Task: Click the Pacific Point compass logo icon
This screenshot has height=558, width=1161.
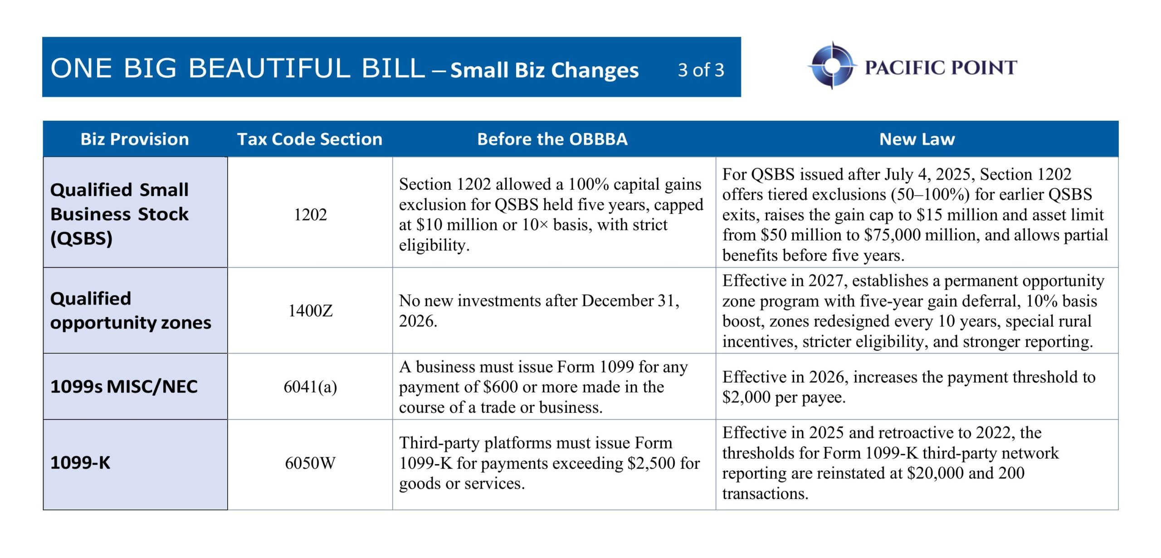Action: [832, 66]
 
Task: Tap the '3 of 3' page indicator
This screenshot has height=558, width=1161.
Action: [701, 70]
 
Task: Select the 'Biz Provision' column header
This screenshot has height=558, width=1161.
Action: [135, 139]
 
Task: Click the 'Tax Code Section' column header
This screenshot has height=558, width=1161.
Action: [310, 139]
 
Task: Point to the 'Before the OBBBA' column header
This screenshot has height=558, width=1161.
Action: [552, 139]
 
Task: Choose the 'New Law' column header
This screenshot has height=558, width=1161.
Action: [917, 139]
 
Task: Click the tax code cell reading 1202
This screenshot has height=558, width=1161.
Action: [310, 215]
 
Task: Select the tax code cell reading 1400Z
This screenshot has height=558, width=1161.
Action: [310, 311]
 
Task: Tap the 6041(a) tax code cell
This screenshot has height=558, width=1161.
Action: [310, 387]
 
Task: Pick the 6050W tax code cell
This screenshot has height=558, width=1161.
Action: [310, 463]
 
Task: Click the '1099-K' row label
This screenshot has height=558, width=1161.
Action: [80, 463]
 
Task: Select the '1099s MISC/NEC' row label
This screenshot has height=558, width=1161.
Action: [124, 387]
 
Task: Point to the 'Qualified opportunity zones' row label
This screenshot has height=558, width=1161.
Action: [131, 311]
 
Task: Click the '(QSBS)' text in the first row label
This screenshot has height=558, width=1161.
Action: [81, 238]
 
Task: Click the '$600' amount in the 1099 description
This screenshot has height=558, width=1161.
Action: [500, 387]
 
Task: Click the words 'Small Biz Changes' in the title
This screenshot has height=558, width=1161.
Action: [544, 70]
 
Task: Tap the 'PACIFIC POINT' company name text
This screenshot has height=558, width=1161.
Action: [941, 68]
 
